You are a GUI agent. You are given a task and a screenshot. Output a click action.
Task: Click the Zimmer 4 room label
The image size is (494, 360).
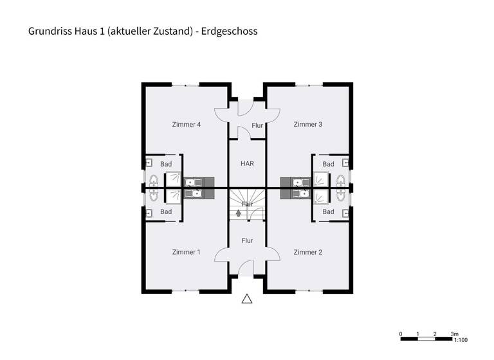click(187, 124)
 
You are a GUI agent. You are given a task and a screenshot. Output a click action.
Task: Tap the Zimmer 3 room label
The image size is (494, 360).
click(307, 124)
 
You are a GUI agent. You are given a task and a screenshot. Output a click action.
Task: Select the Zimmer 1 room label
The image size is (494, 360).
click(187, 252)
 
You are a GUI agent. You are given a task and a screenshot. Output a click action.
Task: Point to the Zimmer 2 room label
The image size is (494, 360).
click(307, 252)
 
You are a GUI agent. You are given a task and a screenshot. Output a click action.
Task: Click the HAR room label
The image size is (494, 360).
click(247, 164)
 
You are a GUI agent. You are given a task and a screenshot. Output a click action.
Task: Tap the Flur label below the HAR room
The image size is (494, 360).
click(247, 204)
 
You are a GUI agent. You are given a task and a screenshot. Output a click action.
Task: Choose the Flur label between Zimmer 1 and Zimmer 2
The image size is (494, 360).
click(247, 240)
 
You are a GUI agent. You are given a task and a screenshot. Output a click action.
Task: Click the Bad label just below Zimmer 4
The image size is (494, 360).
click(166, 165)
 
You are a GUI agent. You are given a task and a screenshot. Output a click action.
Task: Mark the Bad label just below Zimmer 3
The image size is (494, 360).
click(328, 165)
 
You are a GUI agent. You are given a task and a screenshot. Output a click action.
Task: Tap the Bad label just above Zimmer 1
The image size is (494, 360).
click(166, 212)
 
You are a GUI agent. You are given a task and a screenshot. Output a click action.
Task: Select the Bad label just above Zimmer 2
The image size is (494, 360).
click(328, 212)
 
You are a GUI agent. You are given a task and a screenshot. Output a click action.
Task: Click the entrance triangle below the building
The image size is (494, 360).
click(247, 298)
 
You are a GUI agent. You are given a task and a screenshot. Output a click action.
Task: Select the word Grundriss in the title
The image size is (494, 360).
click(48, 30)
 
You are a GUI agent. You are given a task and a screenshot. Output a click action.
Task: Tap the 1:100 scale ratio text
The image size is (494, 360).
click(460, 341)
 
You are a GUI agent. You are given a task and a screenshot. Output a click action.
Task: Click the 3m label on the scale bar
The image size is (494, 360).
click(454, 334)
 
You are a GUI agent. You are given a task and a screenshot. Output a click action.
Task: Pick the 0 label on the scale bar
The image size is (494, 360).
click(401, 334)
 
